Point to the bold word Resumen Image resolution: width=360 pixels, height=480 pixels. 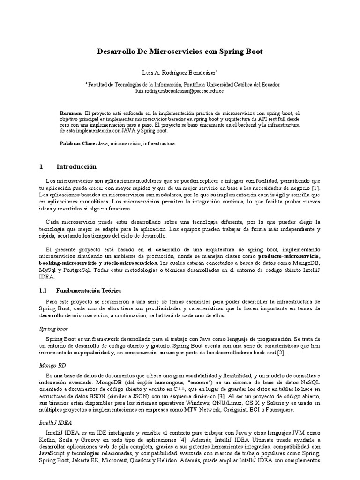pos(71,113)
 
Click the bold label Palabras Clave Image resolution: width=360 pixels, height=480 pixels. pos(78,144)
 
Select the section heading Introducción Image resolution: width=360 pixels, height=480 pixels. pos(76,166)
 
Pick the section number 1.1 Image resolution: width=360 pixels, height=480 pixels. pos(44,291)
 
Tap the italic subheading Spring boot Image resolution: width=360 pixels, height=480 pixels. pos(53,329)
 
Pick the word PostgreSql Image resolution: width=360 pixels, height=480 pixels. pos(75,270)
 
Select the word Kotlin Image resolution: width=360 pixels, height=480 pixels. pos(48,440)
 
